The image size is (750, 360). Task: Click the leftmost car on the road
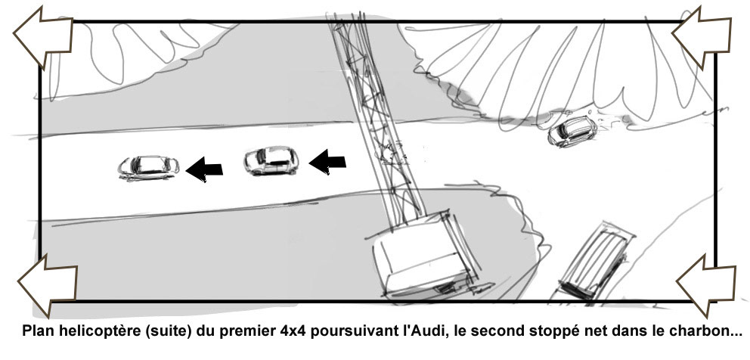pos(149,168)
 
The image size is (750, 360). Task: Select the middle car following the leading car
pos(271,160)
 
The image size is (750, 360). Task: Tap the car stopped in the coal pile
pos(572,131)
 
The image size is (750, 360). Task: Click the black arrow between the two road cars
pos(204,169)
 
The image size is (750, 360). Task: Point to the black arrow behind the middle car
pos(327,162)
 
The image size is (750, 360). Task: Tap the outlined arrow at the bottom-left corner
pos(47,285)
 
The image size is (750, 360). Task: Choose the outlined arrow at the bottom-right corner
pos(706,285)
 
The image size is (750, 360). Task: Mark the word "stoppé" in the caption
pos(538,331)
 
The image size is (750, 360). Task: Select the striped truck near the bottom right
pos(596,261)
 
